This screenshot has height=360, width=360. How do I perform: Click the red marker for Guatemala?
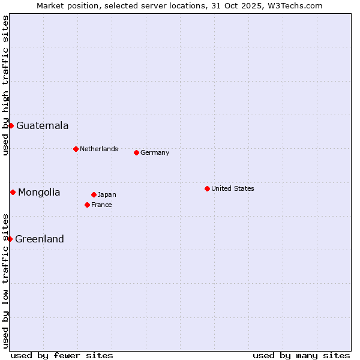(11, 125)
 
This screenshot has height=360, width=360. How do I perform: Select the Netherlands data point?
(76, 149)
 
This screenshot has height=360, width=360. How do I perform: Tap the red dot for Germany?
(136, 152)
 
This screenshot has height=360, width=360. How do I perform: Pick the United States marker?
(207, 188)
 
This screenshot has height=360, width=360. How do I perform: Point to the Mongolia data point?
(13, 192)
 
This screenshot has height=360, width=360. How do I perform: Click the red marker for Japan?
(94, 194)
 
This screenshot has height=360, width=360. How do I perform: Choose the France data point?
(87, 205)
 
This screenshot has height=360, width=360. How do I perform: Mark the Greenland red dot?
(10, 239)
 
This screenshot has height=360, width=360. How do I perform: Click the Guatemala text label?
(42, 125)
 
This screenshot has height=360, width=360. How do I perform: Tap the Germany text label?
(155, 152)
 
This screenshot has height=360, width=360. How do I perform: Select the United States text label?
(232, 188)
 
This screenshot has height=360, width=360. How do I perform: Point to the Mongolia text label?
(39, 192)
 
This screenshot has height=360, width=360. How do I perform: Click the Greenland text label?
(40, 239)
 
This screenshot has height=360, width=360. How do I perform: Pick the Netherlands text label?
(99, 149)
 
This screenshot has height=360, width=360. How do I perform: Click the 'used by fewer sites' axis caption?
(62, 355)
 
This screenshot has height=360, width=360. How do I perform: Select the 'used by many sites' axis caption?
(301, 355)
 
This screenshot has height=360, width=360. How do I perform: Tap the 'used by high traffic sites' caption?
(5, 85)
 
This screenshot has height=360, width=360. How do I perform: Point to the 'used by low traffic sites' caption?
(5, 280)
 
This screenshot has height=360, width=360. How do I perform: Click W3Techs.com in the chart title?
(296, 5)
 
